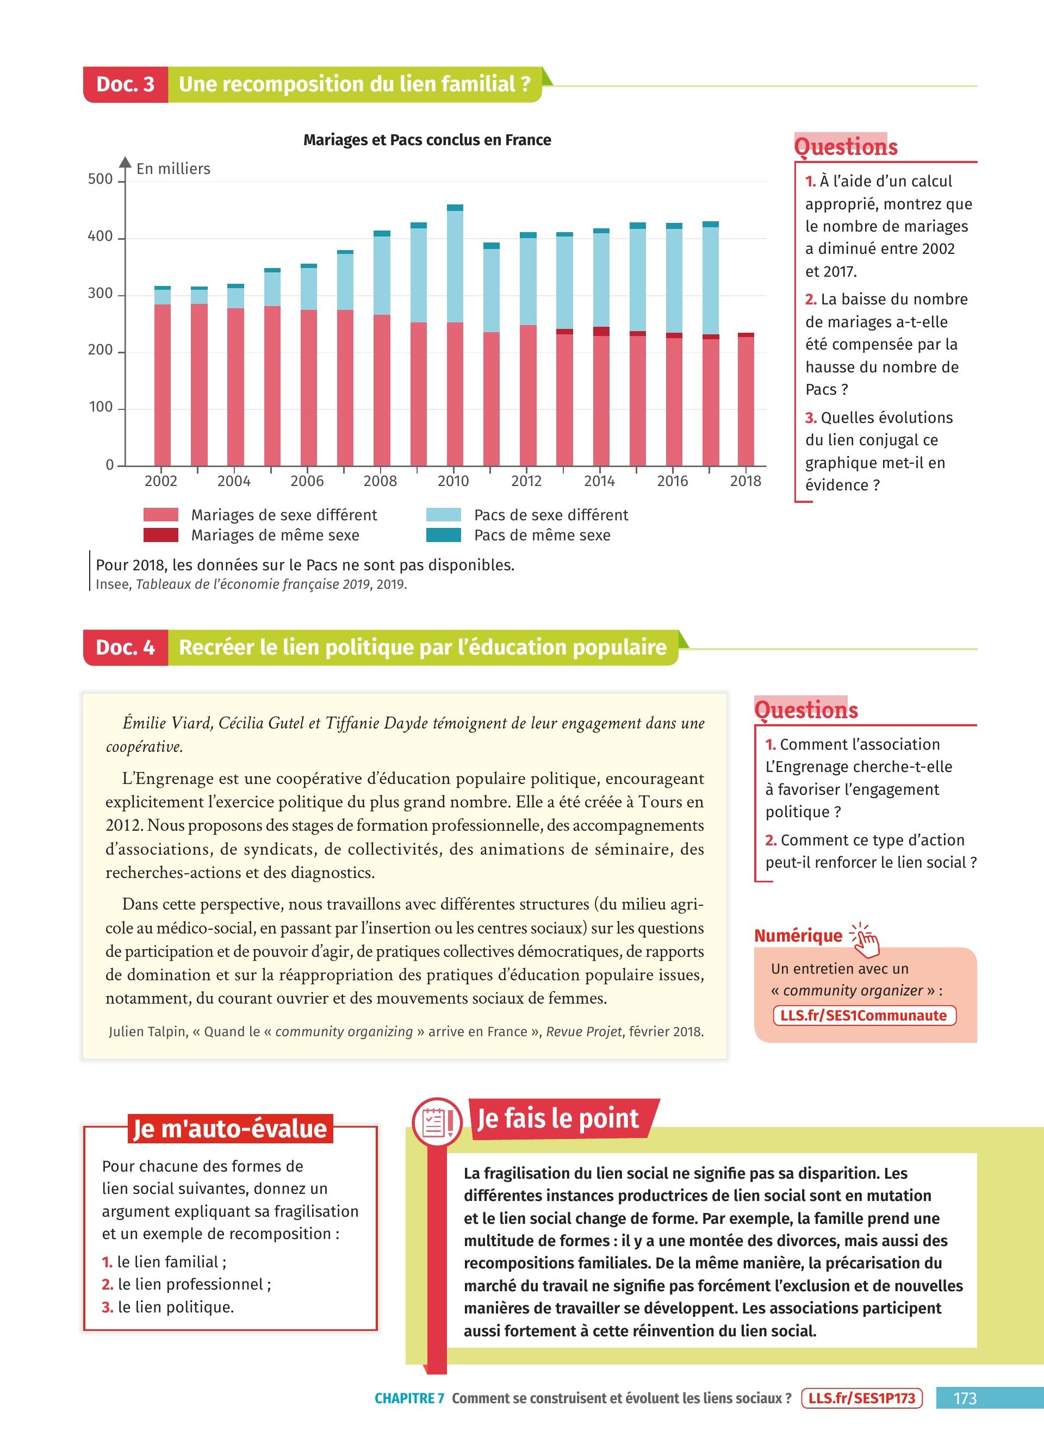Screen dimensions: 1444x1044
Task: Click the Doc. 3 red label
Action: coord(126,84)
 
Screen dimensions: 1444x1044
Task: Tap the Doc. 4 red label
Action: coord(126,648)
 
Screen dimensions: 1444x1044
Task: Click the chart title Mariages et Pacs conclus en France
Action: coord(427,140)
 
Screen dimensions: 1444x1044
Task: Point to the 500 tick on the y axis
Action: coord(100,179)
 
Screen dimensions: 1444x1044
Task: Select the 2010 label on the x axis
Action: coord(453,481)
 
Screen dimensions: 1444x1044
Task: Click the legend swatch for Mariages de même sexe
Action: coord(160,536)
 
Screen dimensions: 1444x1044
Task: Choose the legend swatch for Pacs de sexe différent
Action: coord(444,515)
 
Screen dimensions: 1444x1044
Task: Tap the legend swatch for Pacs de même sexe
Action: coord(444,536)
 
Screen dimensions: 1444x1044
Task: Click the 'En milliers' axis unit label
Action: coord(173,169)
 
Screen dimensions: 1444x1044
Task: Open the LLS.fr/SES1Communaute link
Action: coord(864,1016)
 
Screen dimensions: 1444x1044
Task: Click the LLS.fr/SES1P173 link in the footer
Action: coord(862,1398)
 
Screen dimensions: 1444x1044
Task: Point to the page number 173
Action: coord(965,1398)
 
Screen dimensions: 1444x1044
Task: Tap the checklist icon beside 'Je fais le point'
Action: coord(437,1123)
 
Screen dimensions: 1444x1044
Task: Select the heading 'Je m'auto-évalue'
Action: coord(230,1128)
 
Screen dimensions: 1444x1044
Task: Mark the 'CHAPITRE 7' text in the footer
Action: coord(409,1398)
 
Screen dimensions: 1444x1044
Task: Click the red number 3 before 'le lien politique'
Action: coord(107,1307)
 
